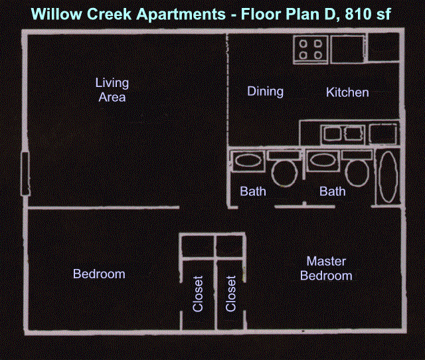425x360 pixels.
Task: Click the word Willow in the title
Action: click(x=56, y=14)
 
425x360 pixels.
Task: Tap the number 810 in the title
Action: click(x=357, y=14)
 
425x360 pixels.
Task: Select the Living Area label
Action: click(x=112, y=90)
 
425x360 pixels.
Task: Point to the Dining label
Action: click(x=266, y=92)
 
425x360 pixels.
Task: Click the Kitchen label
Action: click(x=347, y=92)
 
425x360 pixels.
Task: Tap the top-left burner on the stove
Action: click(x=303, y=44)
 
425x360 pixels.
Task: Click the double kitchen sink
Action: click(x=343, y=134)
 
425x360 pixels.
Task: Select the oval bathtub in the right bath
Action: click(x=388, y=177)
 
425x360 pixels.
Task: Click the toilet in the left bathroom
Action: click(x=284, y=168)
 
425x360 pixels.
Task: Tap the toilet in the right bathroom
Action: click(x=357, y=168)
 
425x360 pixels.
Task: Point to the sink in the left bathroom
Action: click(x=248, y=161)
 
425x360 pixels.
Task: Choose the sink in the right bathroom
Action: click(x=323, y=160)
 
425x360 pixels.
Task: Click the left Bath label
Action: click(x=253, y=191)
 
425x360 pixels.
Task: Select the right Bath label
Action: click(x=332, y=191)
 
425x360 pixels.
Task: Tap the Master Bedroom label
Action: click(x=326, y=268)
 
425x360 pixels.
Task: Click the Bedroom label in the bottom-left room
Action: click(x=99, y=274)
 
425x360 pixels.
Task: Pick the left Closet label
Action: click(x=198, y=294)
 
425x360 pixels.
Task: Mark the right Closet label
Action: click(x=230, y=294)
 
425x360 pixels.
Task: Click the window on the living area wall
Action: click(x=25, y=174)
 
